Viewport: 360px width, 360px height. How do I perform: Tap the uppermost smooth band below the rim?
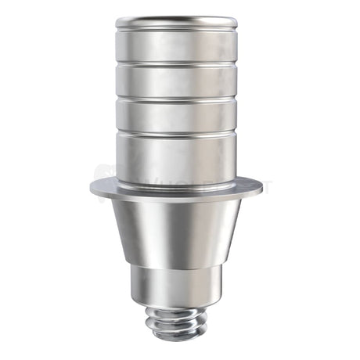(x=176, y=46)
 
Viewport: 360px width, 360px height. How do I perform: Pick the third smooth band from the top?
(x=176, y=114)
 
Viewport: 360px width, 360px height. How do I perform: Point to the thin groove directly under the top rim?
(x=176, y=31)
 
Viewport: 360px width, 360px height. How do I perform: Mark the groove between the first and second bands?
(x=176, y=63)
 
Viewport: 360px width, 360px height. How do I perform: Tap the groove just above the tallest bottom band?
(x=176, y=132)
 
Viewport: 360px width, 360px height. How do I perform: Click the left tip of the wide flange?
(x=92, y=188)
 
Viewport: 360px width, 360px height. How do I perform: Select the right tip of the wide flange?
(x=261, y=188)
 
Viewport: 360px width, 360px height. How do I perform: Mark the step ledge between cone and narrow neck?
(x=176, y=267)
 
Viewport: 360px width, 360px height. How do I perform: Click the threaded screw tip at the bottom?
(x=176, y=322)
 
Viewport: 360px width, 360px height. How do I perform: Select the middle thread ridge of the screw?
(x=176, y=322)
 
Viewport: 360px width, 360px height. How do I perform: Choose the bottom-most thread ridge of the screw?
(x=176, y=334)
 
